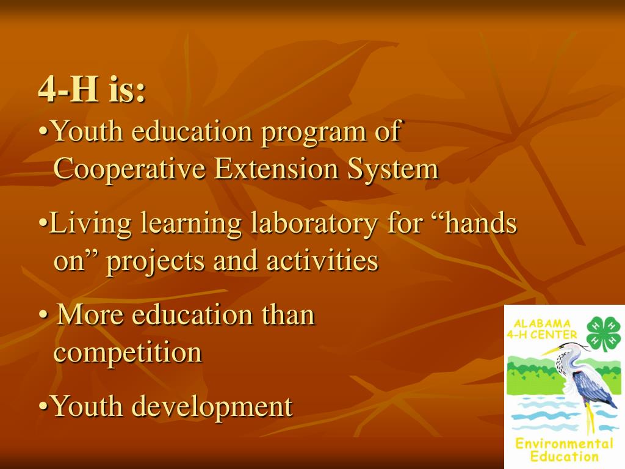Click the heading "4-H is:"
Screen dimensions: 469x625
(x=92, y=90)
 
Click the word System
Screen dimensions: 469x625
(x=393, y=169)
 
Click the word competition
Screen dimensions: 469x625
(x=128, y=353)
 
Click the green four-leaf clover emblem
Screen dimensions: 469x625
(x=602, y=334)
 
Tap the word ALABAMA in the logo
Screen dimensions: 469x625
(x=543, y=324)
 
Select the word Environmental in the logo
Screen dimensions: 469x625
(x=564, y=443)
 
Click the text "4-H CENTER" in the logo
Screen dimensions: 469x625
(x=542, y=335)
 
